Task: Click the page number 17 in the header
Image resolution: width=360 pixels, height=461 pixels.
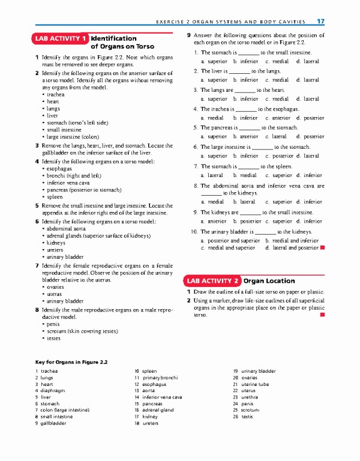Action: (320, 22)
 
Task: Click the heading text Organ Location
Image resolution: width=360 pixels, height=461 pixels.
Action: (269, 280)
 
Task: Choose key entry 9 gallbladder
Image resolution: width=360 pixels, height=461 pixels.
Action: (50, 423)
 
